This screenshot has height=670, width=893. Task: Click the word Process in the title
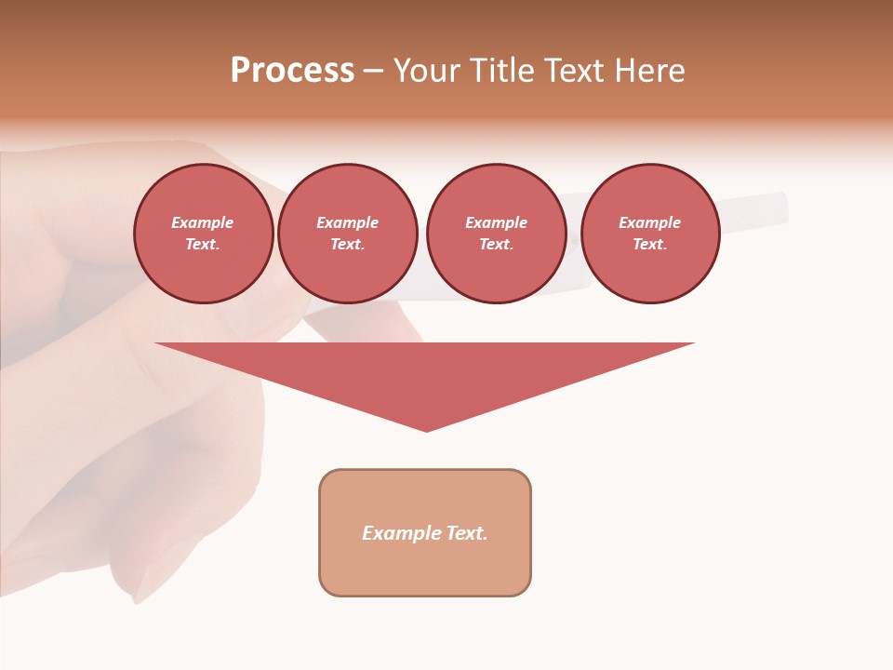[292, 71]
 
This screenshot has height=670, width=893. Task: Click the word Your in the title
[427, 71]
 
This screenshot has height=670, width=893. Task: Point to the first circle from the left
[204, 234]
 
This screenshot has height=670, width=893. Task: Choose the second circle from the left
[348, 234]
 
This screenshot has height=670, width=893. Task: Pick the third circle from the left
[497, 234]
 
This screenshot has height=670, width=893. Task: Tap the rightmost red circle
[650, 234]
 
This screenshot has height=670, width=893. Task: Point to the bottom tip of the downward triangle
[427, 430]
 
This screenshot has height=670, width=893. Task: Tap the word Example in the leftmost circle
[203, 222]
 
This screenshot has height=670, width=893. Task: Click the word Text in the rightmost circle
[649, 245]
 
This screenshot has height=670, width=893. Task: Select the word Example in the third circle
[497, 222]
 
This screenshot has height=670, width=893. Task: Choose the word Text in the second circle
[347, 245]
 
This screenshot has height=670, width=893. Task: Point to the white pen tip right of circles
[778, 209]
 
